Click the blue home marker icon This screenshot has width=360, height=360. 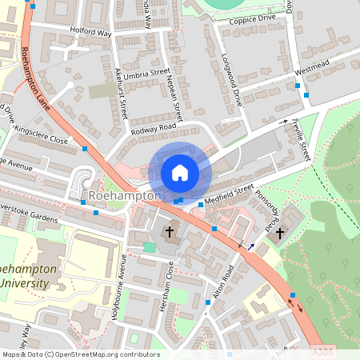[180, 172]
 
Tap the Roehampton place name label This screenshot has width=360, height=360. [125, 195]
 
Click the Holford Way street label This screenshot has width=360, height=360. [90, 34]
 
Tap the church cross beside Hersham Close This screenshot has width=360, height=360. [170, 232]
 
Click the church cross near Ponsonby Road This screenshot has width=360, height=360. [280, 233]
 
